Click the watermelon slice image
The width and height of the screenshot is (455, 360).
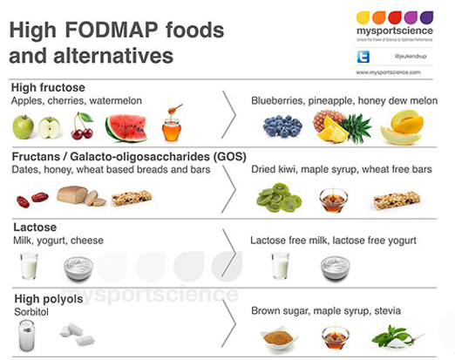pos(126,128)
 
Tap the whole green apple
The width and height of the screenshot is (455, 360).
pos(24,127)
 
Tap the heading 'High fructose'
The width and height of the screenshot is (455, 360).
pos(44,87)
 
